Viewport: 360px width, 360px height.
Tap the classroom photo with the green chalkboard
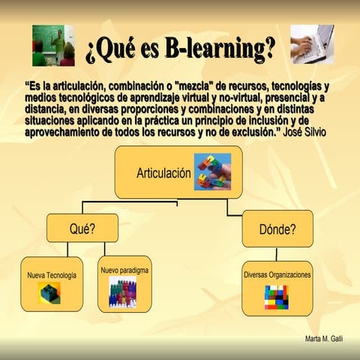pos(53,45)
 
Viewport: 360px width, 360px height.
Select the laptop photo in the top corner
pos(311,44)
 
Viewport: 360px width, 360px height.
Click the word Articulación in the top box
pos(163,173)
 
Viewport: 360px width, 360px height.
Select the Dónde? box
pos(277,228)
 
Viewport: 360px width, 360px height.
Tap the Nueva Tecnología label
pos(52,275)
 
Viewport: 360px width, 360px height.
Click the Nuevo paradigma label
pos(124,268)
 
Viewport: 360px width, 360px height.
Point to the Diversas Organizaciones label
pos(277,274)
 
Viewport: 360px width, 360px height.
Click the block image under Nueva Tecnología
pos(49,293)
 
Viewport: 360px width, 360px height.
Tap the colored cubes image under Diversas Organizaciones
pos(276,296)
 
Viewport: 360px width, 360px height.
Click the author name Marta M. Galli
pos(324,339)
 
